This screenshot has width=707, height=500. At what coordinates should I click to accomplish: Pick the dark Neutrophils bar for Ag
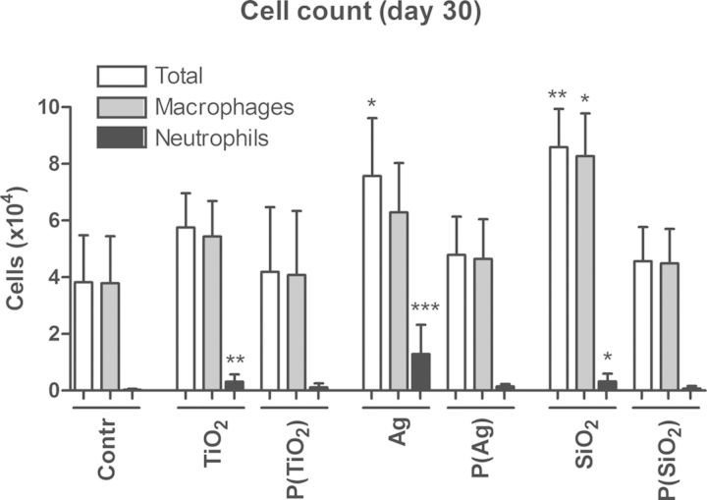tap(420, 372)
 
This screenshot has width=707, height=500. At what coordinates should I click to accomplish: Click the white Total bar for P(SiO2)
tap(643, 325)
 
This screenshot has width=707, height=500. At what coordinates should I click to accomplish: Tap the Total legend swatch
tap(121, 76)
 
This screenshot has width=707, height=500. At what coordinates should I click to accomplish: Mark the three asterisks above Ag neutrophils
tap(424, 309)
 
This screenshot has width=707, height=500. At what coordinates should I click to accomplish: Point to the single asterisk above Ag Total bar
tap(371, 102)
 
